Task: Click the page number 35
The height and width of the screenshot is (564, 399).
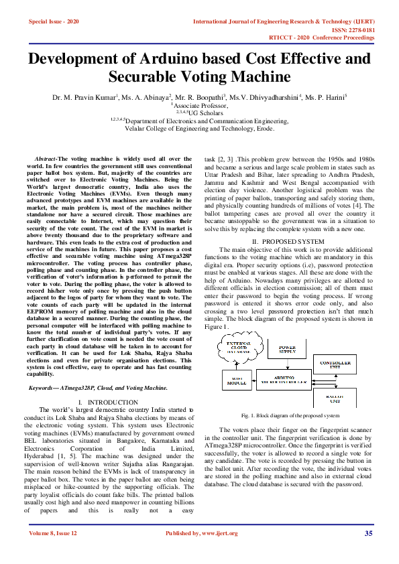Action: (x=368, y=533)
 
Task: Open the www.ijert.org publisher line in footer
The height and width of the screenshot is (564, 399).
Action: (x=201, y=533)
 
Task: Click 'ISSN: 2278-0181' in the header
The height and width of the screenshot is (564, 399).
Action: (x=350, y=30)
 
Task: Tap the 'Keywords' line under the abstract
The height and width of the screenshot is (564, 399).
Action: (x=98, y=388)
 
